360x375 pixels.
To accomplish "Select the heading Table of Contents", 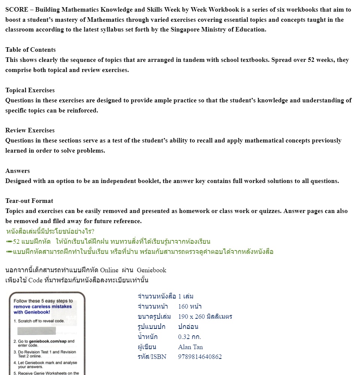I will pyautogui.click(x=30, y=50).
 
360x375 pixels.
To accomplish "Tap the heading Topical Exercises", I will pyautogui.click(x=30, y=90).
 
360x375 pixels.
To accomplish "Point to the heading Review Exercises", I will pyautogui.click(x=30, y=130).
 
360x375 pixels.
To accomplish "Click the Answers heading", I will pyautogui.click(x=18, y=171).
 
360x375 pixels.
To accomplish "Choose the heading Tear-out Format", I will pyautogui.click(x=29, y=201).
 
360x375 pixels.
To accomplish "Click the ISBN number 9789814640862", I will pyautogui.click(x=200, y=357).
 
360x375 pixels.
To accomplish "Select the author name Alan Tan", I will pyautogui.click(x=190, y=347).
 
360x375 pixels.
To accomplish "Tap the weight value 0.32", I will pyautogui.click(x=184, y=337).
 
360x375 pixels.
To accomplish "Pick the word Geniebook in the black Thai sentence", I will pyautogui.click(x=151, y=270).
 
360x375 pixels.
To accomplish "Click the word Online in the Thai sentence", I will pyautogui.click(x=109, y=270).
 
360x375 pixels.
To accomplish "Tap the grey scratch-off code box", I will pyautogui.click(x=37, y=331).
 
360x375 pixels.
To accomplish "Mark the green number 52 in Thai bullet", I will pyautogui.click(x=16, y=241).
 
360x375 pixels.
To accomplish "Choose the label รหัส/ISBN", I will pyautogui.click(x=152, y=357).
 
